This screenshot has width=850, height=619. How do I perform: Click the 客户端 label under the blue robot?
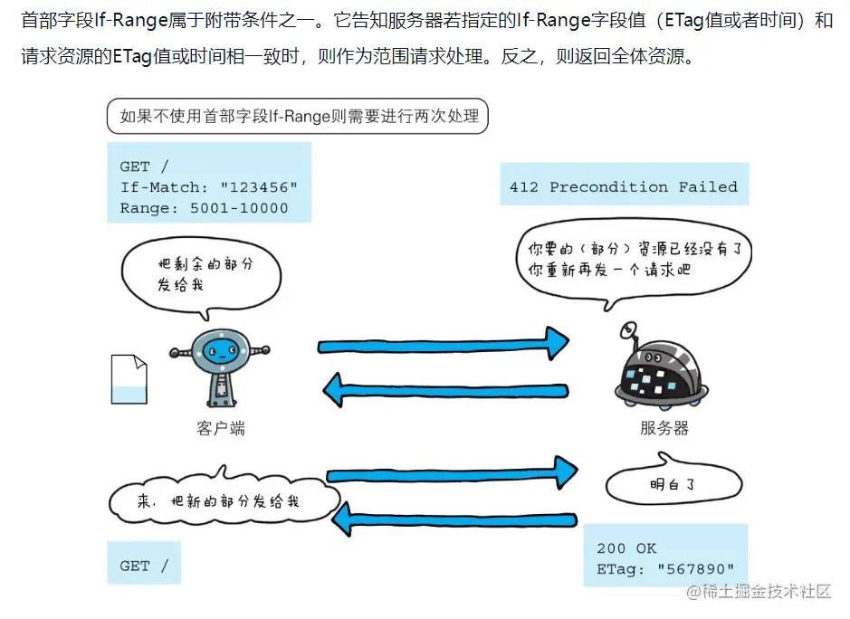[x=220, y=428]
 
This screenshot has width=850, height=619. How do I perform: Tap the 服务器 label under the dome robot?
[x=664, y=428]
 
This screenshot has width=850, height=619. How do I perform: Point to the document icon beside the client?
[x=128, y=378]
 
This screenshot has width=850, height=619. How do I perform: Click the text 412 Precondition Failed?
[x=623, y=187]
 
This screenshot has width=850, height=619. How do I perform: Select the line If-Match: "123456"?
[x=208, y=187]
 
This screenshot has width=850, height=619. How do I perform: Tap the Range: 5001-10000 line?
[x=204, y=208]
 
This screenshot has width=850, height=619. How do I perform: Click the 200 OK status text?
[x=626, y=548]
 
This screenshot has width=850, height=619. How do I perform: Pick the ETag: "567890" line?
[x=665, y=568]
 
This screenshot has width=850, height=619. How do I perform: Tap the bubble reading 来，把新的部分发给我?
[x=223, y=500]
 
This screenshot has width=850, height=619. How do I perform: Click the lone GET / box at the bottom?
[x=144, y=566]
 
